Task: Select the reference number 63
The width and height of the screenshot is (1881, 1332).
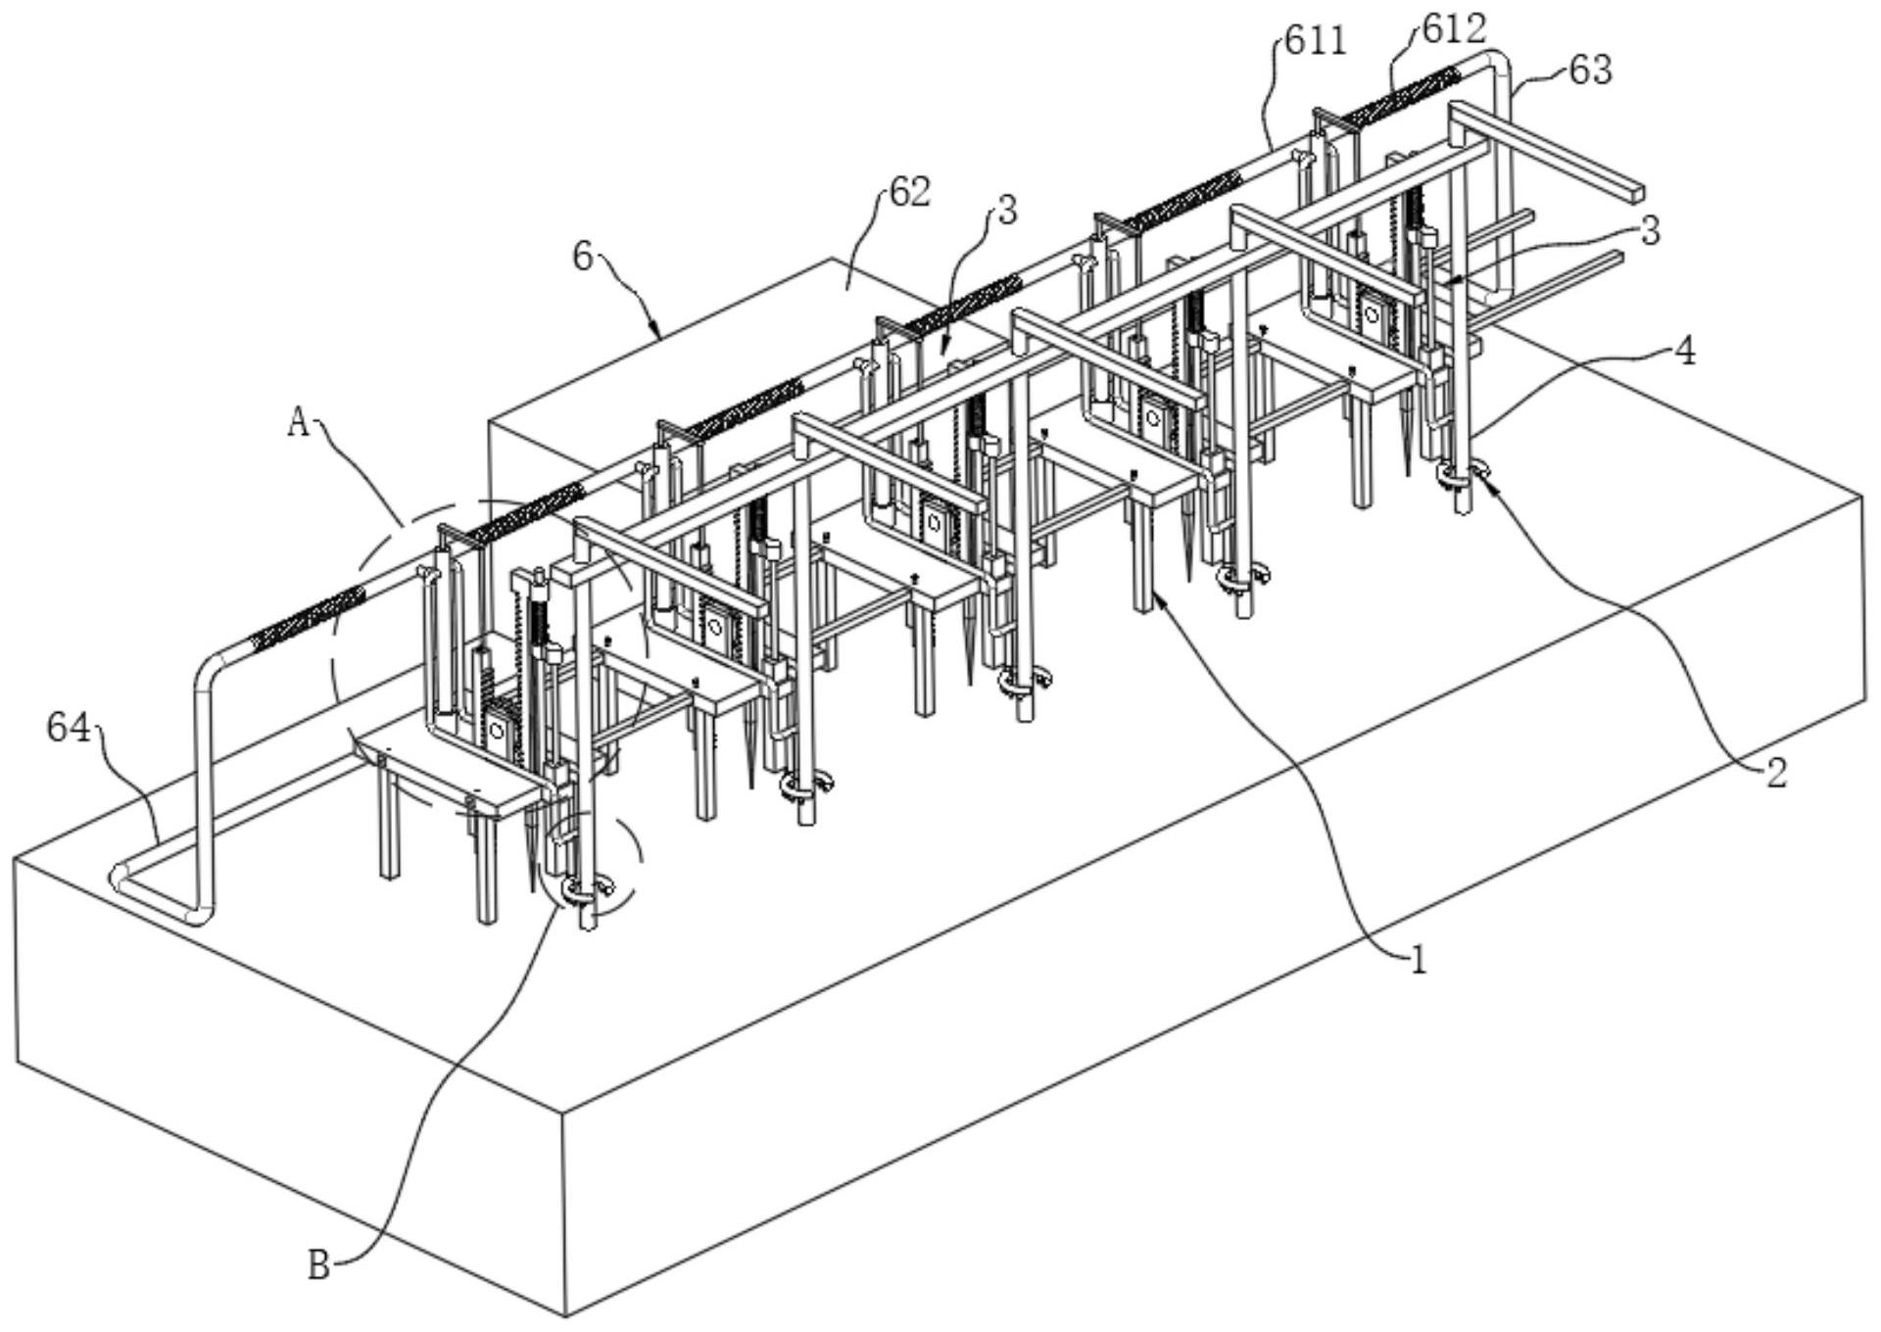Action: (x=1590, y=71)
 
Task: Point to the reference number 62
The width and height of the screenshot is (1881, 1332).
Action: (x=909, y=192)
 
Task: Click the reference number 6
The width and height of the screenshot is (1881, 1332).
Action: (x=583, y=259)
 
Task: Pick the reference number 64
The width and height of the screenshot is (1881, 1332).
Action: (x=69, y=728)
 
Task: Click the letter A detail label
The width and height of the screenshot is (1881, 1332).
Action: (x=298, y=423)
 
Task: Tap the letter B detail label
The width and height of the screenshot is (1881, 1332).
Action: (x=318, y=1265)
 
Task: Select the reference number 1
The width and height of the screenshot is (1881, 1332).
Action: (x=1417, y=960)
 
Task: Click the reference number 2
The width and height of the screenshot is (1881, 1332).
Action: (x=1776, y=774)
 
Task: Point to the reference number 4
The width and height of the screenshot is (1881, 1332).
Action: (x=1684, y=352)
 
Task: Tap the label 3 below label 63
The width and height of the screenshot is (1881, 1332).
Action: (x=1650, y=231)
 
